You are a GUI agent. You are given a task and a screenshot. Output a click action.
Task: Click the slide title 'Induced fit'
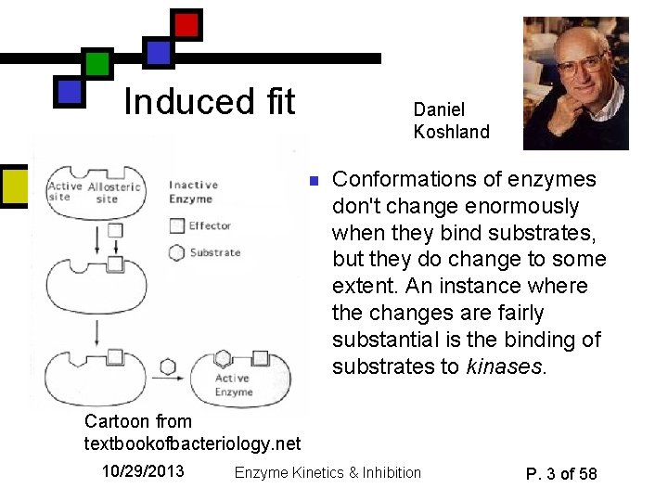tap(209, 101)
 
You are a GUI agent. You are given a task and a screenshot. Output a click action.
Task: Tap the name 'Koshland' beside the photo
tap(451, 132)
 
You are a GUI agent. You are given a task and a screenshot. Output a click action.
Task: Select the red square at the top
tap(186, 24)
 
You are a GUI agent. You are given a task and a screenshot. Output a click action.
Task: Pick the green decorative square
tap(96, 64)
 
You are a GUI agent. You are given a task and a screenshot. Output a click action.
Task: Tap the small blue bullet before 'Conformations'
tap(314, 180)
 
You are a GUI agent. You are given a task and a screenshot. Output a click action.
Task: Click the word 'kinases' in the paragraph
tap(503, 366)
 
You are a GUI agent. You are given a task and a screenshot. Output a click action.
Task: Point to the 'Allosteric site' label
tap(108, 192)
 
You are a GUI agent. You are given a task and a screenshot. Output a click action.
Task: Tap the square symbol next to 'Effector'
tap(177, 225)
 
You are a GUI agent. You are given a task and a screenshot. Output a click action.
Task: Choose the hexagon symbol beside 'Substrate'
tap(177, 252)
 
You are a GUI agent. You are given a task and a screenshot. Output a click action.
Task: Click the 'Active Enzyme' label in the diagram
tap(234, 385)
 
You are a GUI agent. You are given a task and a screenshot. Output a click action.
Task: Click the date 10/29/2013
tap(143, 471)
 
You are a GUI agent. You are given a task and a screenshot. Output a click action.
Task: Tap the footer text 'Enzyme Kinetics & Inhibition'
tap(328, 473)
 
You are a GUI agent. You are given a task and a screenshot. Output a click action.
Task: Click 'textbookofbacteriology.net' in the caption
tap(193, 443)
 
